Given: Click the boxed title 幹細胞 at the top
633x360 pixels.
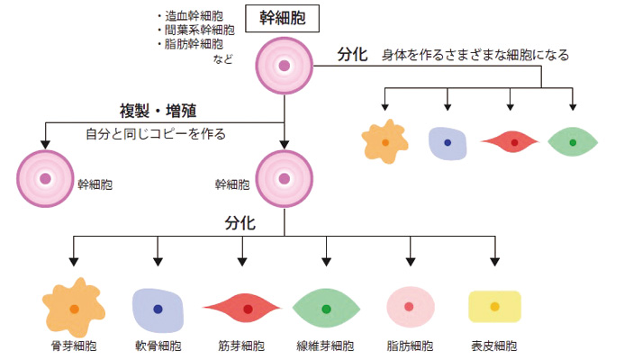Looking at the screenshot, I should (x=284, y=19).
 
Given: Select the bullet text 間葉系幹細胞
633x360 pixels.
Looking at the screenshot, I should (x=195, y=29).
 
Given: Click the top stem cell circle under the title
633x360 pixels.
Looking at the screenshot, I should (x=284, y=66).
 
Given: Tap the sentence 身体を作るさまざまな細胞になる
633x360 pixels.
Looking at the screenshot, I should (x=475, y=55).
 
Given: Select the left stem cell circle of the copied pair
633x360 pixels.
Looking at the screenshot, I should (x=44, y=178).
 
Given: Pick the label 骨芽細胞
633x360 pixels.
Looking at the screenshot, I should (x=73, y=346).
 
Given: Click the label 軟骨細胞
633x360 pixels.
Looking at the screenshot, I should (x=158, y=346).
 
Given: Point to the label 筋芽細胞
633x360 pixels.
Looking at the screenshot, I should (x=241, y=346).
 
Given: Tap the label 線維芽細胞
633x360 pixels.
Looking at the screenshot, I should (x=325, y=346).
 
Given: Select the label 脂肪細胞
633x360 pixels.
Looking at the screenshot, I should (x=410, y=346).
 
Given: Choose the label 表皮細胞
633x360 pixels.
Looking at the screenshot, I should (x=493, y=346).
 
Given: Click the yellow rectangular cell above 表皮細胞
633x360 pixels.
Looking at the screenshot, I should (x=494, y=307).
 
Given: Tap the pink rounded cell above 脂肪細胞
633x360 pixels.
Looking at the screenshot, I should (x=409, y=306).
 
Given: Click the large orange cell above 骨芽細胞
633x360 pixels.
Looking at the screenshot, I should (x=73, y=307).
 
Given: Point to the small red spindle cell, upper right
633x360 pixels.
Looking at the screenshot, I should (x=513, y=142).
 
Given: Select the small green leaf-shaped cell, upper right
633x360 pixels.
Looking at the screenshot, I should (x=573, y=142).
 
